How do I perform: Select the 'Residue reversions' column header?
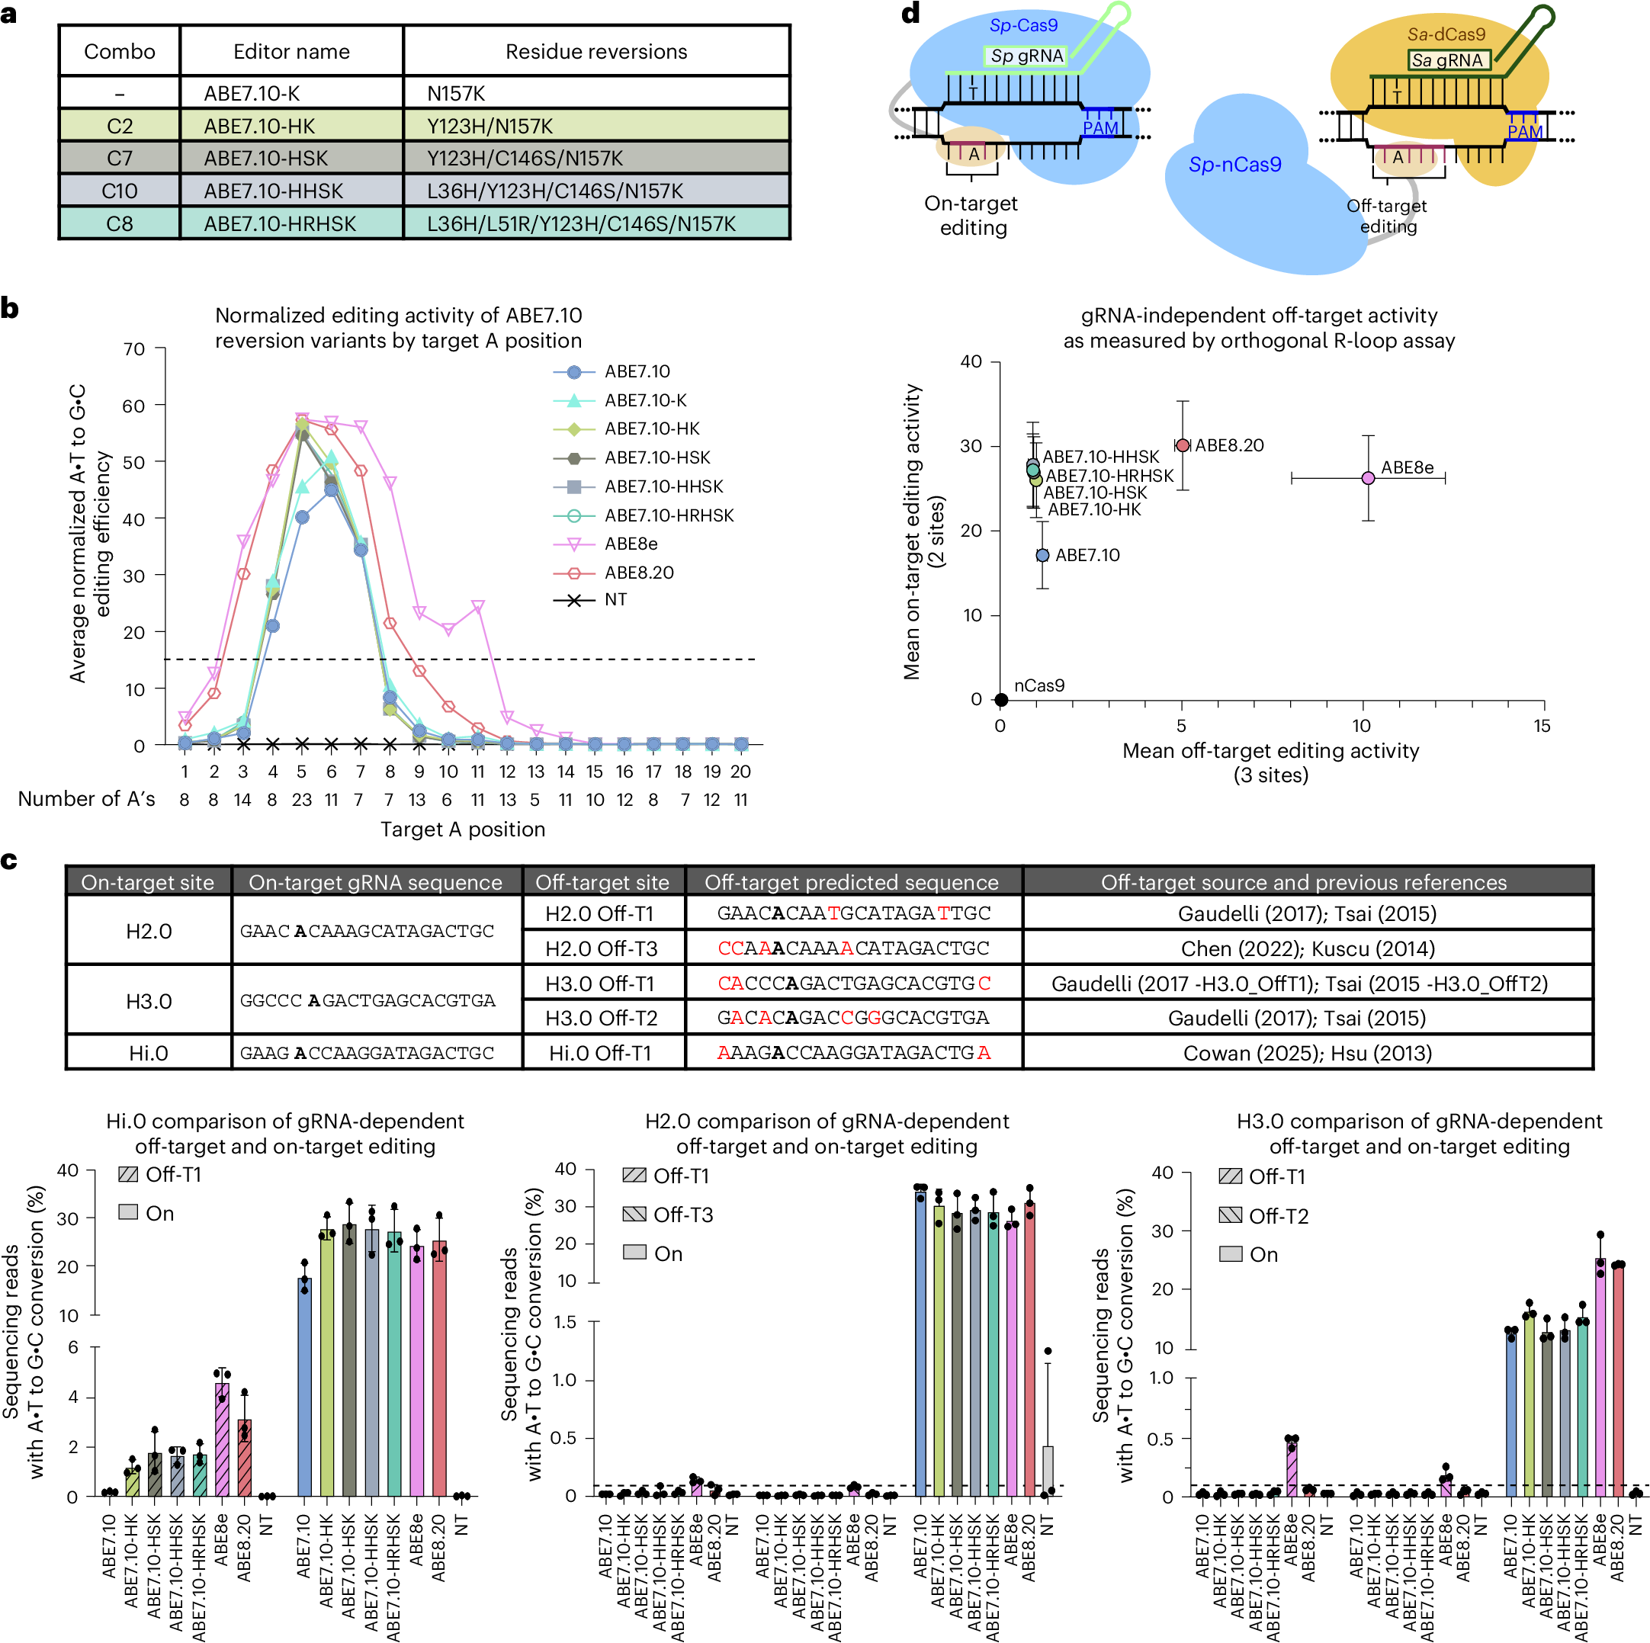[596, 51]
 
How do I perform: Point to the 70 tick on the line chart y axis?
[134, 348]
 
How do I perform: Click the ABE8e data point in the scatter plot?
[1367, 478]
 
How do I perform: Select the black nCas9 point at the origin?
[1002, 699]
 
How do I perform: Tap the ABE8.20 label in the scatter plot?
[1229, 446]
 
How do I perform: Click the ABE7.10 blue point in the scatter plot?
[1042, 555]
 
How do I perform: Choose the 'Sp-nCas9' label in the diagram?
[1235, 165]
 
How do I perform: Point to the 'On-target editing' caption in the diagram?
[972, 215]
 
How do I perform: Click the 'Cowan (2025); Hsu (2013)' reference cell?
[1307, 1053]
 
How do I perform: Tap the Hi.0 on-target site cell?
[149, 1053]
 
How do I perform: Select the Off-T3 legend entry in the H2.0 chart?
[682, 1215]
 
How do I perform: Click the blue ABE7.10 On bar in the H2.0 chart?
[920, 1340]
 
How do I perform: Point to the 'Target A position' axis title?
[462, 830]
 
